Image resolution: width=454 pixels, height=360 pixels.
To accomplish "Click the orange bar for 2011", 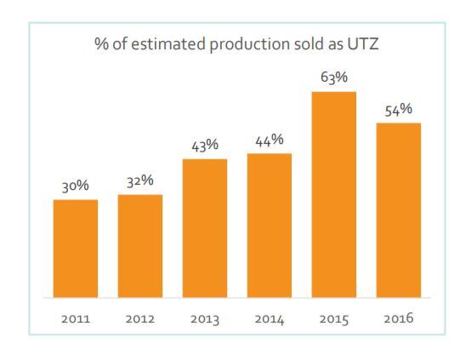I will pyautogui.click(x=75, y=249).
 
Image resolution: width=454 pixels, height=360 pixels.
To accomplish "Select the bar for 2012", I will pyautogui.click(x=140, y=246).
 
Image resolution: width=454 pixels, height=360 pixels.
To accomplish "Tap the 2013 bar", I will pyautogui.click(x=205, y=228).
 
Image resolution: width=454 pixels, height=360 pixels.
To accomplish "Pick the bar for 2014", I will pyautogui.click(x=270, y=226).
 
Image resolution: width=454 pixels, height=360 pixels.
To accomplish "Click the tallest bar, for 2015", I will pyautogui.click(x=334, y=195).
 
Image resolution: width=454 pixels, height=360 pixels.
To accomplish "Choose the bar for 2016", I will pyautogui.click(x=399, y=210).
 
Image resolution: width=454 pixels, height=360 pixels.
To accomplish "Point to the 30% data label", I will pyautogui.click(x=75, y=186).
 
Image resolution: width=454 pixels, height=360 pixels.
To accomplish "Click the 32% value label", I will pyautogui.click(x=140, y=180).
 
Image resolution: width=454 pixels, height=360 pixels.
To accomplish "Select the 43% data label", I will pyautogui.click(x=205, y=145).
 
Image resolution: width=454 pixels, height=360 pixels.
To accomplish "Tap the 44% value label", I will pyautogui.click(x=270, y=140).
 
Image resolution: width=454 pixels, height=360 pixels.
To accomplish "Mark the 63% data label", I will pyautogui.click(x=334, y=77).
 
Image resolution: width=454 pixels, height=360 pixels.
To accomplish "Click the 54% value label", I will pyautogui.click(x=399, y=110).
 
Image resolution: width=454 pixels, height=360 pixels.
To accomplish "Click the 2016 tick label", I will pyautogui.click(x=399, y=319).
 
